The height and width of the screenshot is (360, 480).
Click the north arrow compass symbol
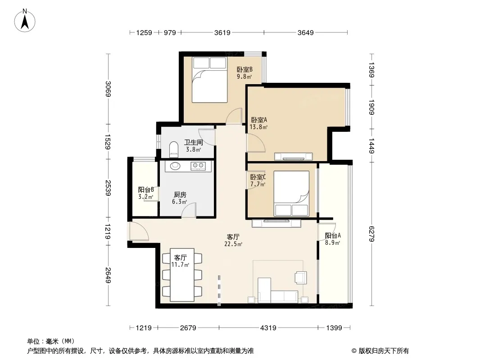(25, 20)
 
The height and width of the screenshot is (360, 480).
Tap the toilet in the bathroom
(173, 149)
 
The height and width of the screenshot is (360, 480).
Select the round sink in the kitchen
(176, 166)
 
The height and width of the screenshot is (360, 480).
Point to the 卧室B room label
(245, 69)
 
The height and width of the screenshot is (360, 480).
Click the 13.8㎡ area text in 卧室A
(258, 126)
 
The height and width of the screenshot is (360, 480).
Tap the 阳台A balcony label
(333, 235)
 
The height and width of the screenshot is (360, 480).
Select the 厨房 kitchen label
(180, 194)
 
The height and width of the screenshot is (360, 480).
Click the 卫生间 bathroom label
(194, 142)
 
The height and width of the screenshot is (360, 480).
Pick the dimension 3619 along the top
(222, 32)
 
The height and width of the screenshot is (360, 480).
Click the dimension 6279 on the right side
(371, 234)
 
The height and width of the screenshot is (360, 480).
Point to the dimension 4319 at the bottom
(268, 328)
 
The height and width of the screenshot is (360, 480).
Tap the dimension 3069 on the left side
(108, 89)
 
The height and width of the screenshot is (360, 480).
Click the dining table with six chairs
(182, 274)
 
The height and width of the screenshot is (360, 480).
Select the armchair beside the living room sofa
(301, 277)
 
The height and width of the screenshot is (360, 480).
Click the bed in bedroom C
(291, 193)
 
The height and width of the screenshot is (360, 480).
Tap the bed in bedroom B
(209, 80)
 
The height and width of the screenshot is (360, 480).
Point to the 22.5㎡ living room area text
(233, 244)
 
